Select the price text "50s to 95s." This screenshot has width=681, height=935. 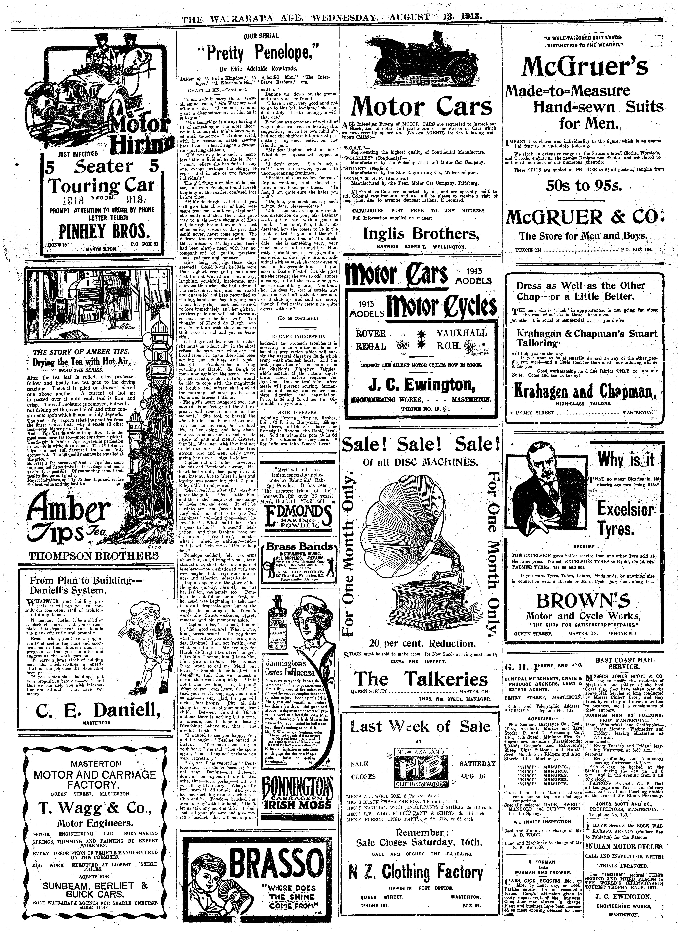tap(583, 185)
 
